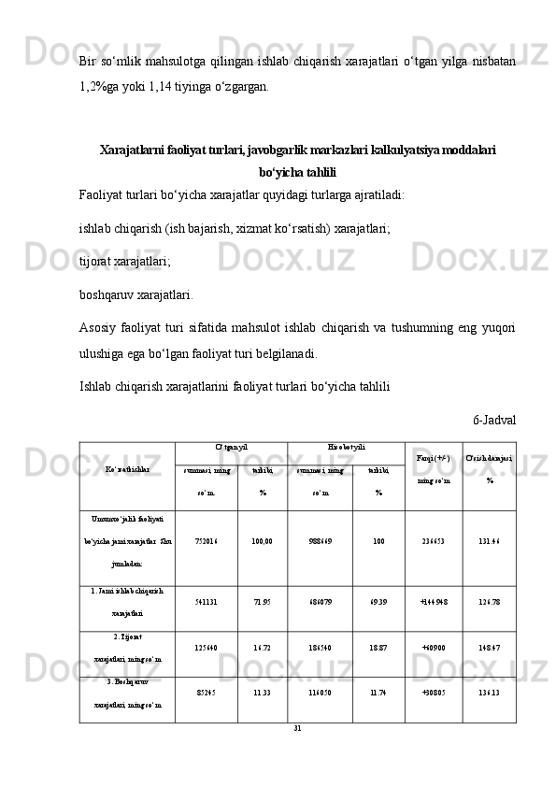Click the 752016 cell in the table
(x=207, y=539)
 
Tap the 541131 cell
(x=207, y=608)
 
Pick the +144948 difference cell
(x=434, y=608)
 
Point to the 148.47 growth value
(x=489, y=653)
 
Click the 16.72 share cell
(x=263, y=653)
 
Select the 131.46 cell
(x=489, y=539)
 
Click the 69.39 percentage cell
(x=378, y=608)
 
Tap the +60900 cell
(x=434, y=653)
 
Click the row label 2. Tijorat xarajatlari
(x=127, y=653)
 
